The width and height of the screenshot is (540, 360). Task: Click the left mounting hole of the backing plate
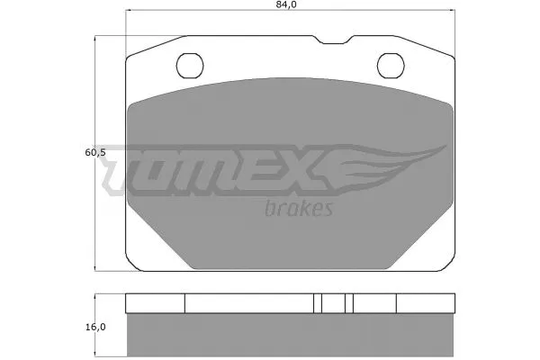189,65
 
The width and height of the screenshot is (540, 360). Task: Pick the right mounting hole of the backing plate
390,65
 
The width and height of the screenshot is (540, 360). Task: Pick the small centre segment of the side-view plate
334,303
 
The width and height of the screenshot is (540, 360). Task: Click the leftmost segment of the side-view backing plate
154,303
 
